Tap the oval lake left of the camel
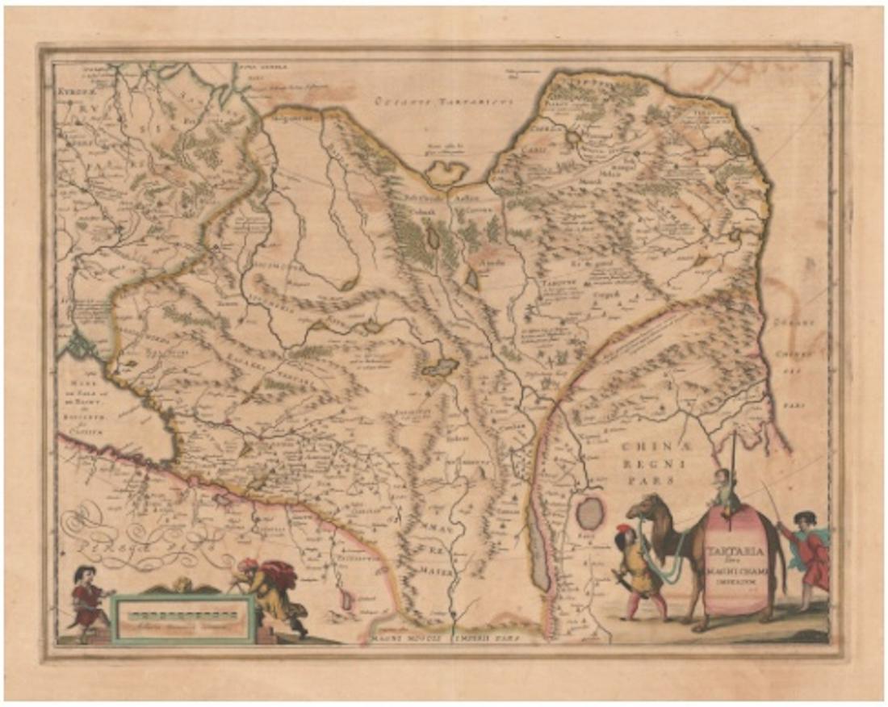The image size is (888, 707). [591, 512]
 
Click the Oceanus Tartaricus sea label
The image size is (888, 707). [426, 101]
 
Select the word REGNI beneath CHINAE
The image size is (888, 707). [659, 466]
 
